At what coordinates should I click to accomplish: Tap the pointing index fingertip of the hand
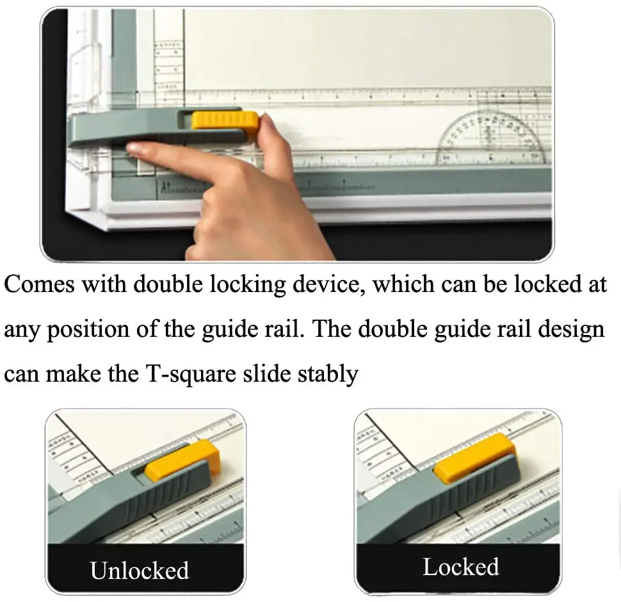point(136,149)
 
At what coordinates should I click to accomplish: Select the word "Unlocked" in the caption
point(139,570)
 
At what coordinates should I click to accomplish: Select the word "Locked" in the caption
point(460,567)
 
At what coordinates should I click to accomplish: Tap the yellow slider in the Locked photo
point(474,455)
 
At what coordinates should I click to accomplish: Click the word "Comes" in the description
point(39,284)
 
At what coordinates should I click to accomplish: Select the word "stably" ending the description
point(327,373)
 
